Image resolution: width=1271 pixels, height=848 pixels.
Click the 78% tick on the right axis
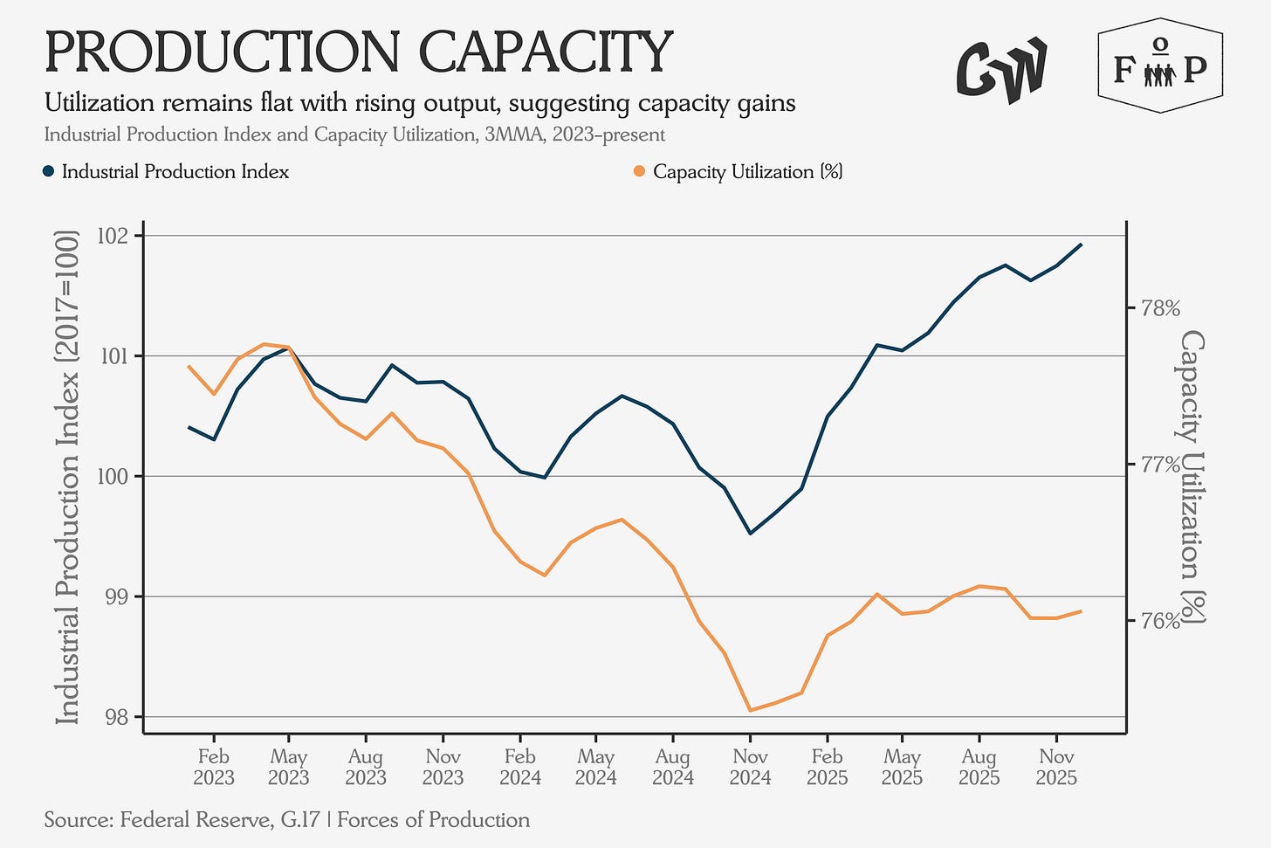pos(1155,308)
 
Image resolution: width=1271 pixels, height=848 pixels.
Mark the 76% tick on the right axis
pos(1155,621)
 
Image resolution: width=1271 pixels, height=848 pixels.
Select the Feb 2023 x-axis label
pos(214,766)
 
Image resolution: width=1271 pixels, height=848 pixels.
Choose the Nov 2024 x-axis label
pos(750,766)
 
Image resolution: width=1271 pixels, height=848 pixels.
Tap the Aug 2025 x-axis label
pos(979,766)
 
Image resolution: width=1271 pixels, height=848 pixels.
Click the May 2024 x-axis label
pos(596,766)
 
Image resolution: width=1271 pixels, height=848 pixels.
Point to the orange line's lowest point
pos(750,710)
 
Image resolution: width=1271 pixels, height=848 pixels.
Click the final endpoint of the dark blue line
pos(1082,245)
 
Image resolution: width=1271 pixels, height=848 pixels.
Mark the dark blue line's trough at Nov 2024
pos(750,533)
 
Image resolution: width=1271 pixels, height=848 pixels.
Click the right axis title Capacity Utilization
pos(1192,477)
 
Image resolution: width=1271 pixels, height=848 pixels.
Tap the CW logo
pos(1001,69)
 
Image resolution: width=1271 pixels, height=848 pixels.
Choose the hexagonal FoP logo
pos(1159,67)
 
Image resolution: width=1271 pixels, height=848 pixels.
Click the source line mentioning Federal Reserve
pos(286,820)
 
